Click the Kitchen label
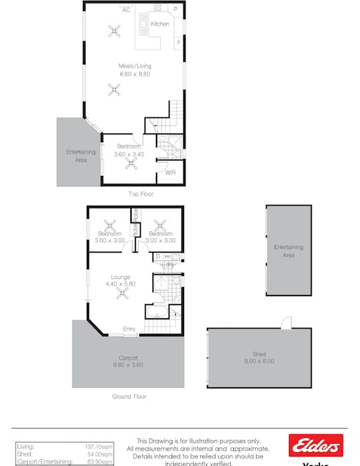[160, 24]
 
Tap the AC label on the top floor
[126, 10]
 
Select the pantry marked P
[175, 10]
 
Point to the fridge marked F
[178, 42]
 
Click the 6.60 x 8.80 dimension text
[134, 74]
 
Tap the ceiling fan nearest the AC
[115, 30]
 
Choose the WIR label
[170, 173]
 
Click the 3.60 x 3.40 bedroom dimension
[129, 154]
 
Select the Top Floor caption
[141, 194]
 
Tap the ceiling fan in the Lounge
[123, 293]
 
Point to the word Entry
[129, 328]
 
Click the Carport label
[128, 358]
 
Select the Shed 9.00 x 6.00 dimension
[259, 361]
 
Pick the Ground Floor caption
[129, 396]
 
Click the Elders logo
[315, 445]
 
